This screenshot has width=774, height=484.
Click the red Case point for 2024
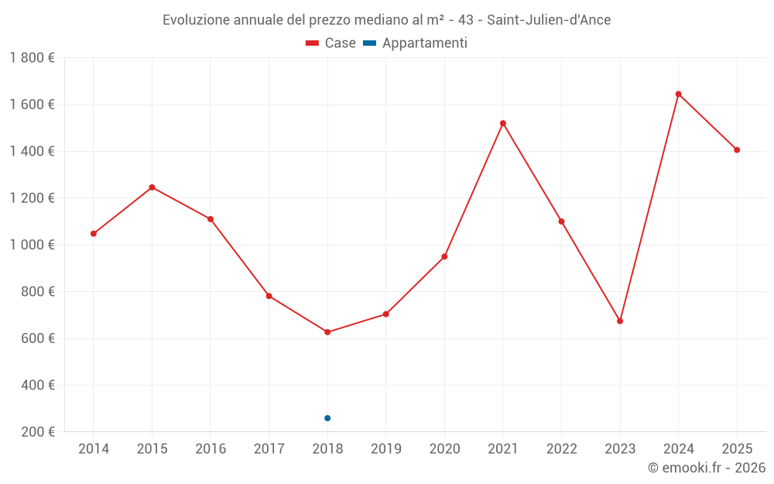coord(678,94)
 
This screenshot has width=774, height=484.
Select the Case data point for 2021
coord(503,123)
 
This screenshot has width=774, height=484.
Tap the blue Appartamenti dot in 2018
coord(327,418)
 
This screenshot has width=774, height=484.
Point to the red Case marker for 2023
coord(620,321)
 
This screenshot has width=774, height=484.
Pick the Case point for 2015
coord(152,187)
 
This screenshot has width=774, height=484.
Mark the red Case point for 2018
coord(327,332)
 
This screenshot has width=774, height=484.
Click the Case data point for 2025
coord(737,150)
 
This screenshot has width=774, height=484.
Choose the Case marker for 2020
coord(444,256)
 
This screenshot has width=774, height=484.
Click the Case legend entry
coord(330,43)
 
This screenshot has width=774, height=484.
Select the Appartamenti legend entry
coord(415,43)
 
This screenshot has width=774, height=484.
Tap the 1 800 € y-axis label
coord(33,58)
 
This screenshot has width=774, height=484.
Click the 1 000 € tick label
coord(33,245)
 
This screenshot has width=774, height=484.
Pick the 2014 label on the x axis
coord(94,449)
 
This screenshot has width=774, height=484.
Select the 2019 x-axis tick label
coord(386,449)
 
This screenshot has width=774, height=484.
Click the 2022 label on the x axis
coord(561,449)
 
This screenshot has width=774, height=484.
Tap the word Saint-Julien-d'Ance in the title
coord(549,20)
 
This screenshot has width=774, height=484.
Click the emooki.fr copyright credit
coord(707,468)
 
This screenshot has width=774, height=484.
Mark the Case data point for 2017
coord(269,296)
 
